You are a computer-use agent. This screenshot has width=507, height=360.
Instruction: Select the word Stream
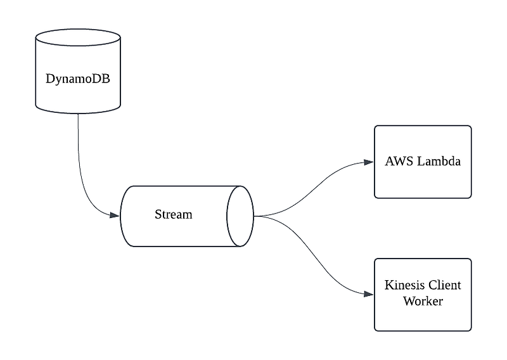tap(173, 214)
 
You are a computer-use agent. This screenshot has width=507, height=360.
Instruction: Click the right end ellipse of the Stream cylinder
tap(241, 216)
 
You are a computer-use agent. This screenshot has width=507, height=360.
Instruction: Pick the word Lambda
tap(439, 161)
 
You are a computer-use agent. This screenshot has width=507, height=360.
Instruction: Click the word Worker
tap(423, 301)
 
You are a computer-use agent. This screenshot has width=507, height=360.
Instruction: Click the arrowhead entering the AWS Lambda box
tap(369, 162)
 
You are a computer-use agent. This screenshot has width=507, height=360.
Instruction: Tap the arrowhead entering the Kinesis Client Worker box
tap(369, 294)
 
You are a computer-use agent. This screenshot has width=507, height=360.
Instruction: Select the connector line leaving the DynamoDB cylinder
tap(79, 152)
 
